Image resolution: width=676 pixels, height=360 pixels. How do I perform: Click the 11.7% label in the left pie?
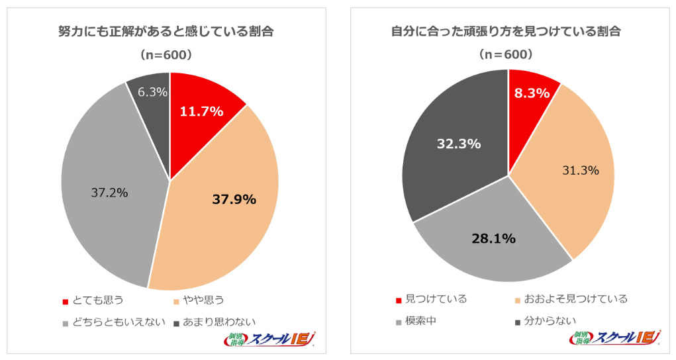201,111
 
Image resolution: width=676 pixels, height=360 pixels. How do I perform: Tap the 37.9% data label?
234,199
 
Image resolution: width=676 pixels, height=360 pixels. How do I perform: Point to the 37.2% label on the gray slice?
109,193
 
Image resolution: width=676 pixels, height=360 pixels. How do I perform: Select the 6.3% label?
152,92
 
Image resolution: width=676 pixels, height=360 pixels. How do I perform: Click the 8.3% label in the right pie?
532,93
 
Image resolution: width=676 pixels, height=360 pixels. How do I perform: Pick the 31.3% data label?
580,170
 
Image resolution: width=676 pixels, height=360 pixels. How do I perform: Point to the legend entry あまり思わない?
218,323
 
